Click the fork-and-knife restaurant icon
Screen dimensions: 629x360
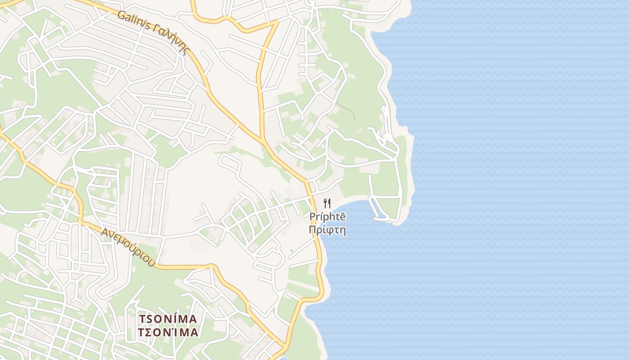327,203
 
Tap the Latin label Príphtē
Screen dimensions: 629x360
328,217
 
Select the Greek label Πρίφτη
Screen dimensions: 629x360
328,230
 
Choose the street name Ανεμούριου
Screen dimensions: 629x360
128,247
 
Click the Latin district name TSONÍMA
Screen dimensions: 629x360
168,319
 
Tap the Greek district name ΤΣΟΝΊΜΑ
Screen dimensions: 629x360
168,333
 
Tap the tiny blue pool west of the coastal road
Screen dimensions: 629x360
292,250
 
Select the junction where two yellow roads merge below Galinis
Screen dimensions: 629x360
262,139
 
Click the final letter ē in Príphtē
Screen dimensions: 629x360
342,217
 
